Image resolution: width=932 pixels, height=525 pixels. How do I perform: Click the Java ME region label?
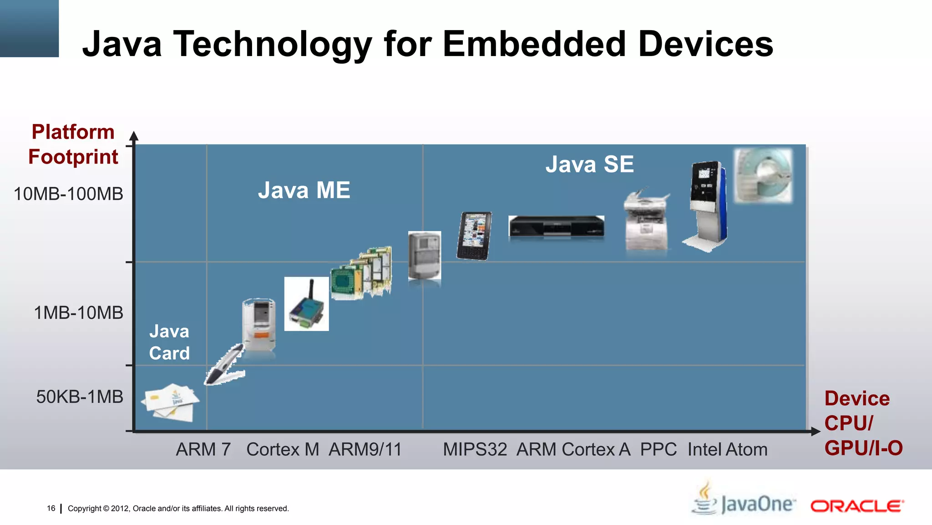304,190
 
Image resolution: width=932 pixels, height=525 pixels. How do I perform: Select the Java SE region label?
589,164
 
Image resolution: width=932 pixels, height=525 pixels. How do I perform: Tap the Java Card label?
169,342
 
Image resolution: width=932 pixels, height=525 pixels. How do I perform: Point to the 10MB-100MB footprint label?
68,194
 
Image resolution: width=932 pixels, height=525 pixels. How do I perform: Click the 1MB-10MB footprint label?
78,313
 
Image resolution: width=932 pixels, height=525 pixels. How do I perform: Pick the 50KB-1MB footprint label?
80,396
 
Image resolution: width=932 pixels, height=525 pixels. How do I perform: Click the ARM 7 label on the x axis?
203,449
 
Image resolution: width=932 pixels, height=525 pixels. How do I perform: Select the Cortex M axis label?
283,449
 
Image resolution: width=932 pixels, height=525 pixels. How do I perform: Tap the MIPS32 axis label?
475,449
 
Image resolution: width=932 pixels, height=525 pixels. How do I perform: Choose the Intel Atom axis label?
727,449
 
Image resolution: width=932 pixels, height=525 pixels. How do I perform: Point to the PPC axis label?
658,449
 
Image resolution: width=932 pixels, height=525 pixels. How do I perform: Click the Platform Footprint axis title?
73,144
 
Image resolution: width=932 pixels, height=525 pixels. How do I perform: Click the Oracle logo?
857,506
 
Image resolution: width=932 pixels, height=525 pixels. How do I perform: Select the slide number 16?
51,508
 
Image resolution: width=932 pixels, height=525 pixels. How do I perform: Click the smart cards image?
170,402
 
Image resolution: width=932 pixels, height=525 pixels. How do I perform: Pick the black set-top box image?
556,226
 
